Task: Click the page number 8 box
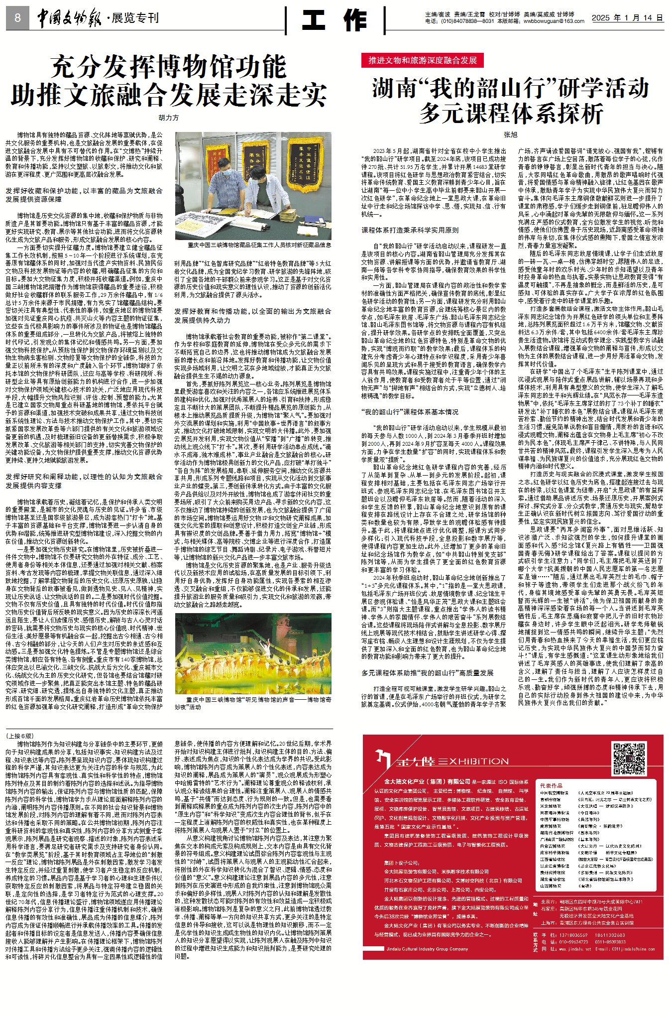click(17, 18)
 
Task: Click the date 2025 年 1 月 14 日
click(627, 18)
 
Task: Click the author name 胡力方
click(168, 118)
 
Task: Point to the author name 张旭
click(510, 134)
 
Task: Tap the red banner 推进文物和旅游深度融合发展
click(423, 60)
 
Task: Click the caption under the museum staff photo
click(259, 245)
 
